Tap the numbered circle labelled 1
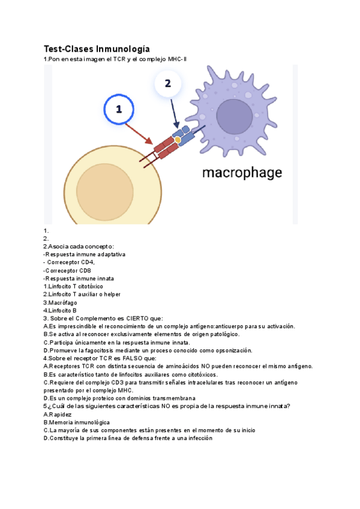[x=118, y=109]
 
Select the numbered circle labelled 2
[x=168, y=84]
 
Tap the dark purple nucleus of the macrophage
[x=235, y=116]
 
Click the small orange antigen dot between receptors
[x=178, y=140]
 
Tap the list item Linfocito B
[x=60, y=310]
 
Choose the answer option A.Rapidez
[x=58, y=414]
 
